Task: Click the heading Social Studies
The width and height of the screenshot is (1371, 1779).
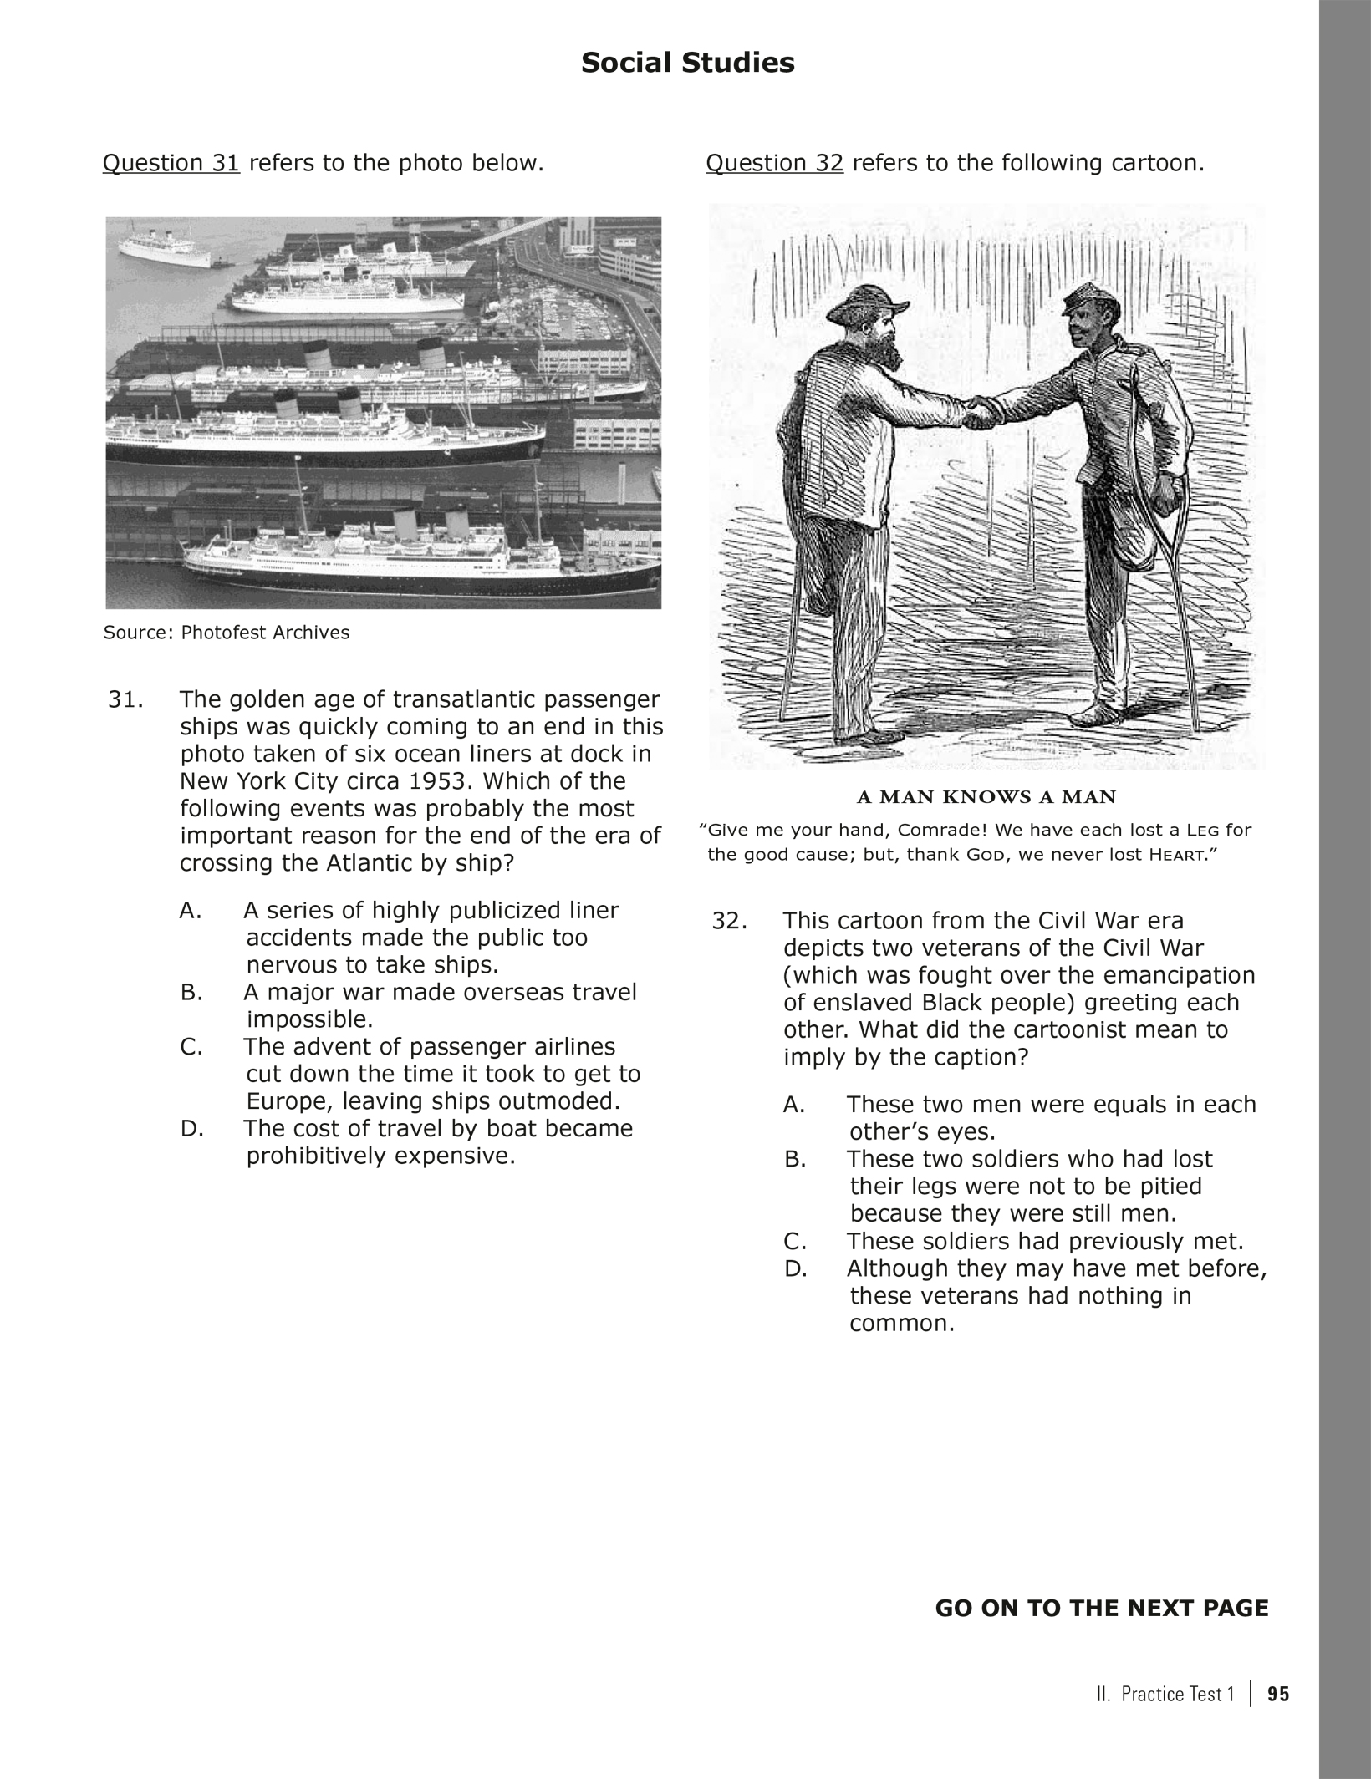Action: pyautogui.click(x=687, y=63)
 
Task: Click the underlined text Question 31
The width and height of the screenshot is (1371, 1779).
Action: pyautogui.click(x=171, y=163)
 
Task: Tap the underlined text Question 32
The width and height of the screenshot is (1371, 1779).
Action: pyautogui.click(x=774, y=163)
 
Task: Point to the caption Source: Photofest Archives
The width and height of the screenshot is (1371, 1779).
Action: pyautogui.click(x=226, y=633)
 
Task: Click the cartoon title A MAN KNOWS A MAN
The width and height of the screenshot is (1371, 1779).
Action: pyautogui.click(x=986, y=796)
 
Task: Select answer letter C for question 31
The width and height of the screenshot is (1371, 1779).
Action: pyautogui.click(x=191, y=1047)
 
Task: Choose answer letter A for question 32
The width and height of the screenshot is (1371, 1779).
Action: pyautogui.click(x=793, y=1105)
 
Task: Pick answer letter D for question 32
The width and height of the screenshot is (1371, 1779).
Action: pyautogui.click(x=793, y=1268)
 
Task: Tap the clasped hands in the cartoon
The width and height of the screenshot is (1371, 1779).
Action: pyautogui.click(x=984, y=412)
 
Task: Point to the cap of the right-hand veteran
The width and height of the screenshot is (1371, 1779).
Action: pyautogui.click(x=1086, y=298)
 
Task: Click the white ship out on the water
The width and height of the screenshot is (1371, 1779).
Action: pyautogui.click(x=164, y=248)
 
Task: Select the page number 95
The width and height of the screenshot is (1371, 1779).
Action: pyautogui.click(x=1278, y=1694)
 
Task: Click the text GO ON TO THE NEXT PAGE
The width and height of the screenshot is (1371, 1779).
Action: pyautogui.click(x=1101, y=1609)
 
